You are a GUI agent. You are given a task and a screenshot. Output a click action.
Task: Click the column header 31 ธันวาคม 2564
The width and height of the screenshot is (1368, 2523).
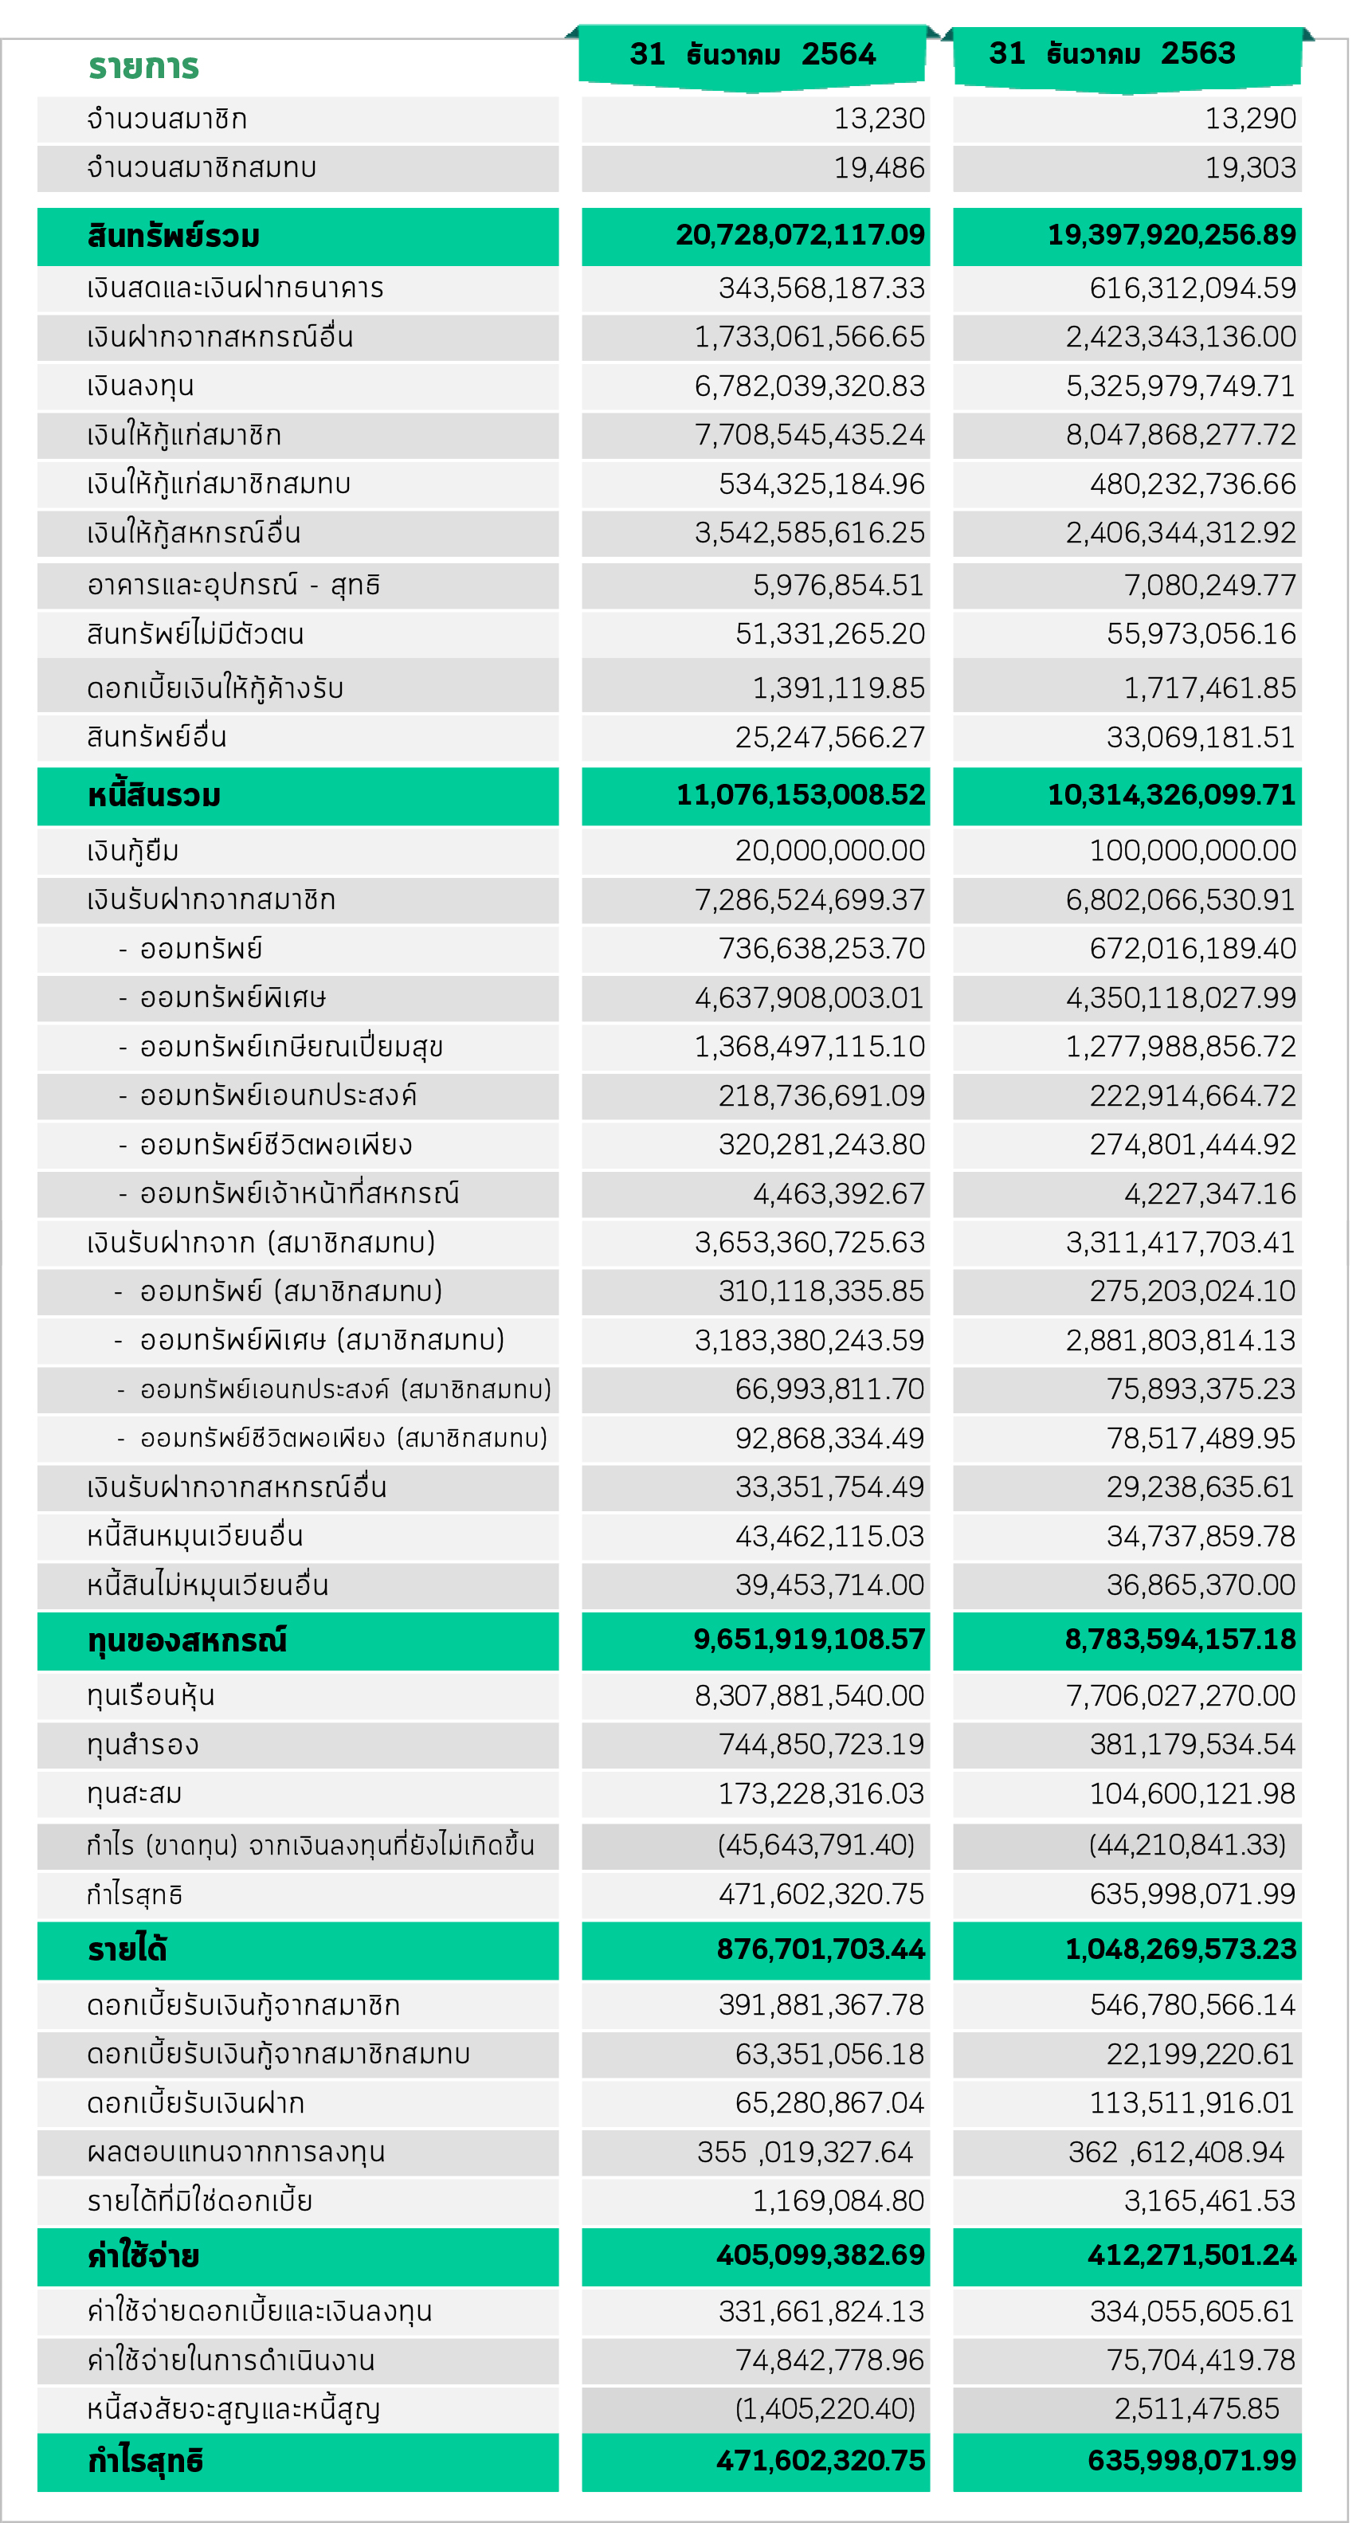click(752, 54)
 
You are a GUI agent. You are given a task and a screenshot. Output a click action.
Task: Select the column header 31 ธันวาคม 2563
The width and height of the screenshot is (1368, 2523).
click(1111, 53)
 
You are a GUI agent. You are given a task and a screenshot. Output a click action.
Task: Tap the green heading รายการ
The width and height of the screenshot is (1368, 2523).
click(144, 67)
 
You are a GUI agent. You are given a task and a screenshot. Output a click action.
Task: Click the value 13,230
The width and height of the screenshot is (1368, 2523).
click(878, 119)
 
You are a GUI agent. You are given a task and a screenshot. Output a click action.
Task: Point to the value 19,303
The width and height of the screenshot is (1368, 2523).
click(1249, 167)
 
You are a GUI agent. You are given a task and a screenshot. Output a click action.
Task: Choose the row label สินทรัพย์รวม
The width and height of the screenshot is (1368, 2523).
click(174, 236)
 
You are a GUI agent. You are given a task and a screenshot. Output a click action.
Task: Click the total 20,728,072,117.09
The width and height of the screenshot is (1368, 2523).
click(800, 235)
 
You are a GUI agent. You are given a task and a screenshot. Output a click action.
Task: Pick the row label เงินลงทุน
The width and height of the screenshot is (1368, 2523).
click(140, 386)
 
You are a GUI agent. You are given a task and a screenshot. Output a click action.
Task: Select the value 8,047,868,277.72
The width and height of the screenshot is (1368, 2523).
click(1180, 434)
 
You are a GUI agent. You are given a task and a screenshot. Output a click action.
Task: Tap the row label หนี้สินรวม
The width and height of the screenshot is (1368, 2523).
click(154, 795)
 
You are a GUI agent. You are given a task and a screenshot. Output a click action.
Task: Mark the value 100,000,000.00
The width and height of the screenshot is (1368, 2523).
click(1192, 850)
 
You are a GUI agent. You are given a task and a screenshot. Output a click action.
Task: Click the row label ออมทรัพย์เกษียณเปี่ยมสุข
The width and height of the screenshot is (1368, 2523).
click(291, 1047)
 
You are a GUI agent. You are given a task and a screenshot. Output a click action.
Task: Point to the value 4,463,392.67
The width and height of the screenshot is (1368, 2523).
click(838, 1194)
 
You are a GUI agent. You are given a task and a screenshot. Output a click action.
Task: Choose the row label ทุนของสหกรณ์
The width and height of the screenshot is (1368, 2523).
click(187, 1640)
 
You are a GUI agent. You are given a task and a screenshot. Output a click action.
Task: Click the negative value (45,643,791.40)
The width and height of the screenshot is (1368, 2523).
click(816, 1845)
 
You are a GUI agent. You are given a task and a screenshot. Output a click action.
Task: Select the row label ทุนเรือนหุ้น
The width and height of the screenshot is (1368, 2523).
click(151, 1695)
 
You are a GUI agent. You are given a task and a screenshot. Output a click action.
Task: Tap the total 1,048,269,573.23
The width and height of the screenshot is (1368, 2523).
click(1180, 1949)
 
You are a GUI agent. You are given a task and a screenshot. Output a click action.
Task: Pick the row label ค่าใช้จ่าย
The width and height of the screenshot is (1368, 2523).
click(143, 2255)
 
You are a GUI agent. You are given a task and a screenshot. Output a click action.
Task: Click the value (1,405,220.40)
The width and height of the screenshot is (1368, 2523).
click(825, 2407)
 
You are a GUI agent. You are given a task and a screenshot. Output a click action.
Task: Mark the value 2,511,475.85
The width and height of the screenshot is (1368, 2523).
click(1196, 2407)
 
